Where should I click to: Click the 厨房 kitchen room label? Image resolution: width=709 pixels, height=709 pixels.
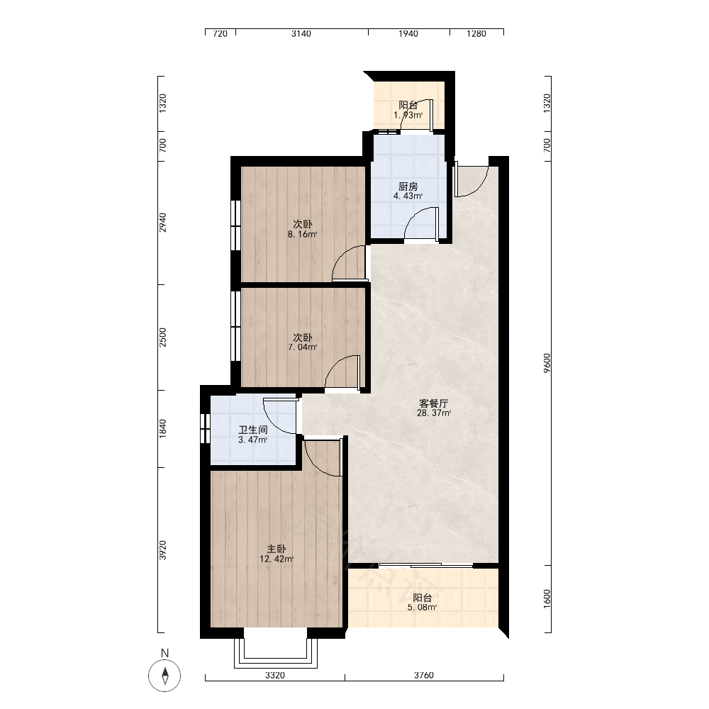pos(408,186)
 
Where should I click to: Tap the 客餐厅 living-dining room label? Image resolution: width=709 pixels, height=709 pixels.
pos(433,403)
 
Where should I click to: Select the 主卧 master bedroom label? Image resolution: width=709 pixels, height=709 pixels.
pos(276,549)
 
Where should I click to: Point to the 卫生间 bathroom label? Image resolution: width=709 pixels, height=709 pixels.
pos(253,430)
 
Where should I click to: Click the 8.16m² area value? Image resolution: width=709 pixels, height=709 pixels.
pos(302,234)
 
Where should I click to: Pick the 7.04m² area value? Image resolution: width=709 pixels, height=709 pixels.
pos(302,347)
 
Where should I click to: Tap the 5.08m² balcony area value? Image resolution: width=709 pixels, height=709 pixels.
pos(422,608)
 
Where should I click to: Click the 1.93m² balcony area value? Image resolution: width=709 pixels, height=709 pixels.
pos(408,115)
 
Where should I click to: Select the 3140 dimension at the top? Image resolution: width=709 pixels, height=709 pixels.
pos(301,33)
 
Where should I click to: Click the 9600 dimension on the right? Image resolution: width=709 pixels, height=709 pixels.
pos(547,363)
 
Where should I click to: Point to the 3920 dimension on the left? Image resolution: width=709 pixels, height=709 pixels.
pos(163,550)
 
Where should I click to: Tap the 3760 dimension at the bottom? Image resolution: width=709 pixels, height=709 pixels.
pos(424,675)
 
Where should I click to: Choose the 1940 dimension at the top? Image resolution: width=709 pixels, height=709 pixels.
pos(408,33)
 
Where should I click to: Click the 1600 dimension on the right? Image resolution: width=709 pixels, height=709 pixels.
pos(547,598)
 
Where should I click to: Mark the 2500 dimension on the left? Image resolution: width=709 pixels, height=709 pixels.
pos(163,337)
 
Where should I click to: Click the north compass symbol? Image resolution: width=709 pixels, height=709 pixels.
pos(164,676)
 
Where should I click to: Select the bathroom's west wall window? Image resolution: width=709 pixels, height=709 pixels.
pos(205,428)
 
